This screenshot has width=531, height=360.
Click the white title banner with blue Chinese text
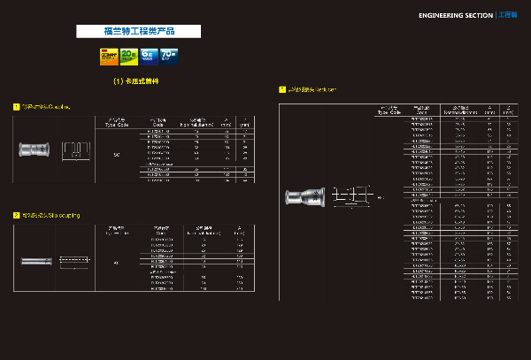point(139,31)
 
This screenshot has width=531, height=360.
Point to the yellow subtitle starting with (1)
point(139,81)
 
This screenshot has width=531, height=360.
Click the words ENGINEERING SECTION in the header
point(456,15)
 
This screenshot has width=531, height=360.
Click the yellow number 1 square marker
point(16,107)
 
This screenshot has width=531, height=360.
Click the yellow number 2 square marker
point(16,214)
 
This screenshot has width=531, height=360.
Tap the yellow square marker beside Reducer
point(281,89)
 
